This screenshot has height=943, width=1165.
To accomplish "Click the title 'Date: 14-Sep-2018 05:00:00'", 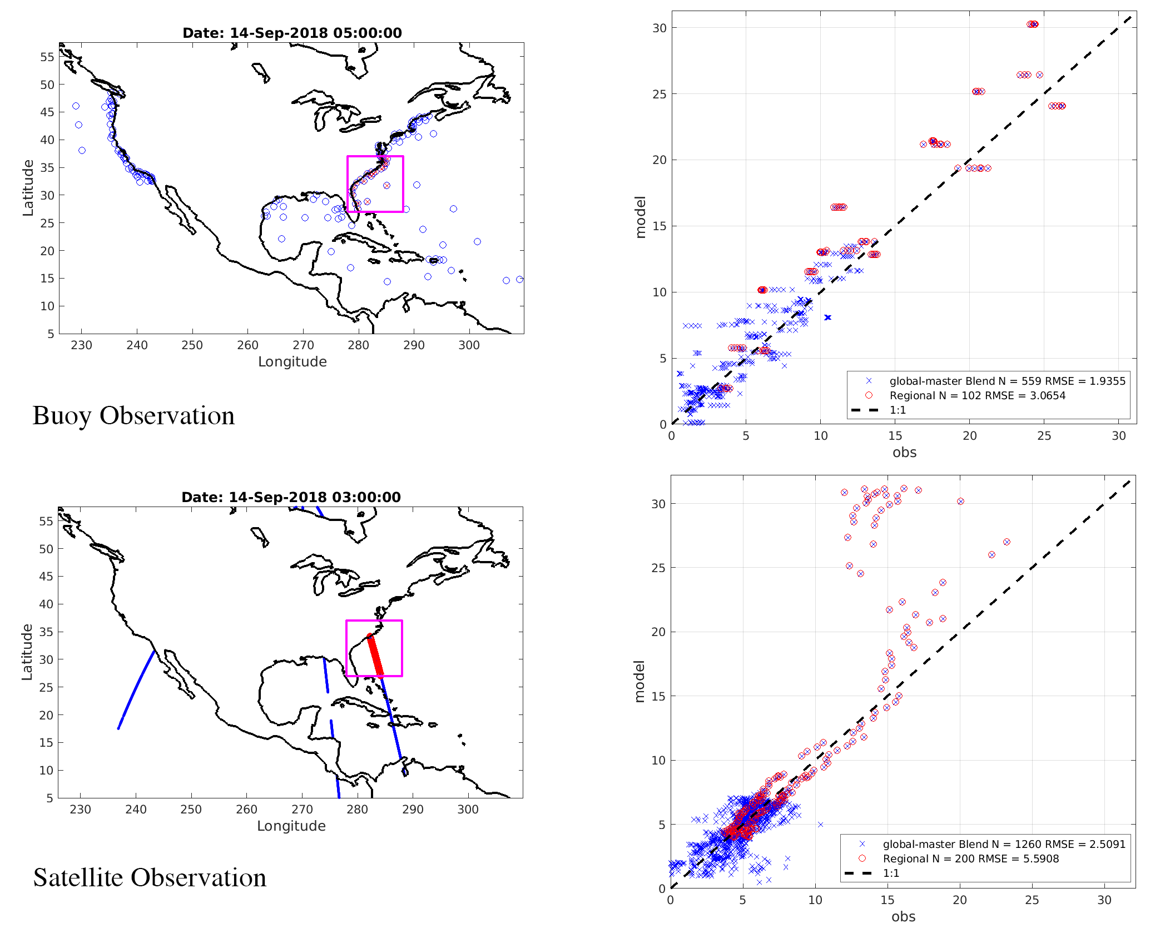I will [x=292, y=33].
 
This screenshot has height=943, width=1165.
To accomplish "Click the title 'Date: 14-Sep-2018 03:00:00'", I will [x=291, y=497].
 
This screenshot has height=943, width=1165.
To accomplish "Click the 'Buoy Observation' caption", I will [x=133, y=416].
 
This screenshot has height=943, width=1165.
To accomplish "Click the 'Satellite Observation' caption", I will [x=150, y=878].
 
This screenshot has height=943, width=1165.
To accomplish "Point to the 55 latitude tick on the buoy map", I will [x=47, y=57].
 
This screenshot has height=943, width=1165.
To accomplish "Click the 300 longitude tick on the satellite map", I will [x=468, y=810].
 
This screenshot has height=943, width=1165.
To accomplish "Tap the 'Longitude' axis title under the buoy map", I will [x=292, y=362].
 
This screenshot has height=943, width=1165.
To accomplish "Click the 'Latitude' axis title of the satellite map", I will [x=27, y=652].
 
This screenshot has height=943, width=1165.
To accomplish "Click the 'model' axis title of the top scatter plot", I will [x=641, y=217].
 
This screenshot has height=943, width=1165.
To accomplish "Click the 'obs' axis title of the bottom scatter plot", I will [x=903, y=917].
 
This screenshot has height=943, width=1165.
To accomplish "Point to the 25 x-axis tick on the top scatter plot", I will [x=1044, y=436].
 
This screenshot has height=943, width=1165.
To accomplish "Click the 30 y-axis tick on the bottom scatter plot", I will [x=658, y=504].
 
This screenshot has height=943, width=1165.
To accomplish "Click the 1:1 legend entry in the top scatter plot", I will [x=898, y=410].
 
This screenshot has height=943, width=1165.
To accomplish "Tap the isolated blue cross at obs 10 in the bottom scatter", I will [x=820, y=825].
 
